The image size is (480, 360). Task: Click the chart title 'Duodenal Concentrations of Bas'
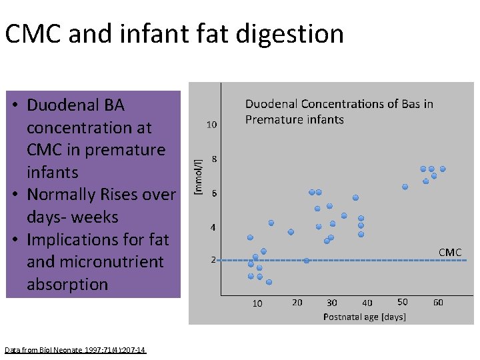click(x=339, y=104)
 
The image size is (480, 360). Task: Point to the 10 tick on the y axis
click(x=211, y=125)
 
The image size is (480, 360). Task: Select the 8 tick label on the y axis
click(x=213, y=159)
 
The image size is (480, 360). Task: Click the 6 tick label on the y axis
click(x=213, y=193)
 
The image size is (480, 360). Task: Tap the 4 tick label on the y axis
click(x=213, y=227)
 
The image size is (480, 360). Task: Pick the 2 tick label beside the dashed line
click(x=213, y=260)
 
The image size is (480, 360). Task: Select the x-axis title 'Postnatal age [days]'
click(x=364, y=317)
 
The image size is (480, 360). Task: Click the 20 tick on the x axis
click(x=297, y=303)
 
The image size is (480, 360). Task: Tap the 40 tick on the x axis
click(x=367, y=303)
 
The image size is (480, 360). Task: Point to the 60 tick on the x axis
click(x=438, y=303)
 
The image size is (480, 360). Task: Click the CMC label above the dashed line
click(x=450, y=252)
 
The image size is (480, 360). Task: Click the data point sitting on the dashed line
click(x=307, y=260)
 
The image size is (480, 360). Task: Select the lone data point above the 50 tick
click(x=405, y=187)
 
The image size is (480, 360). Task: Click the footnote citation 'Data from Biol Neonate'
click(x=75, y=350)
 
